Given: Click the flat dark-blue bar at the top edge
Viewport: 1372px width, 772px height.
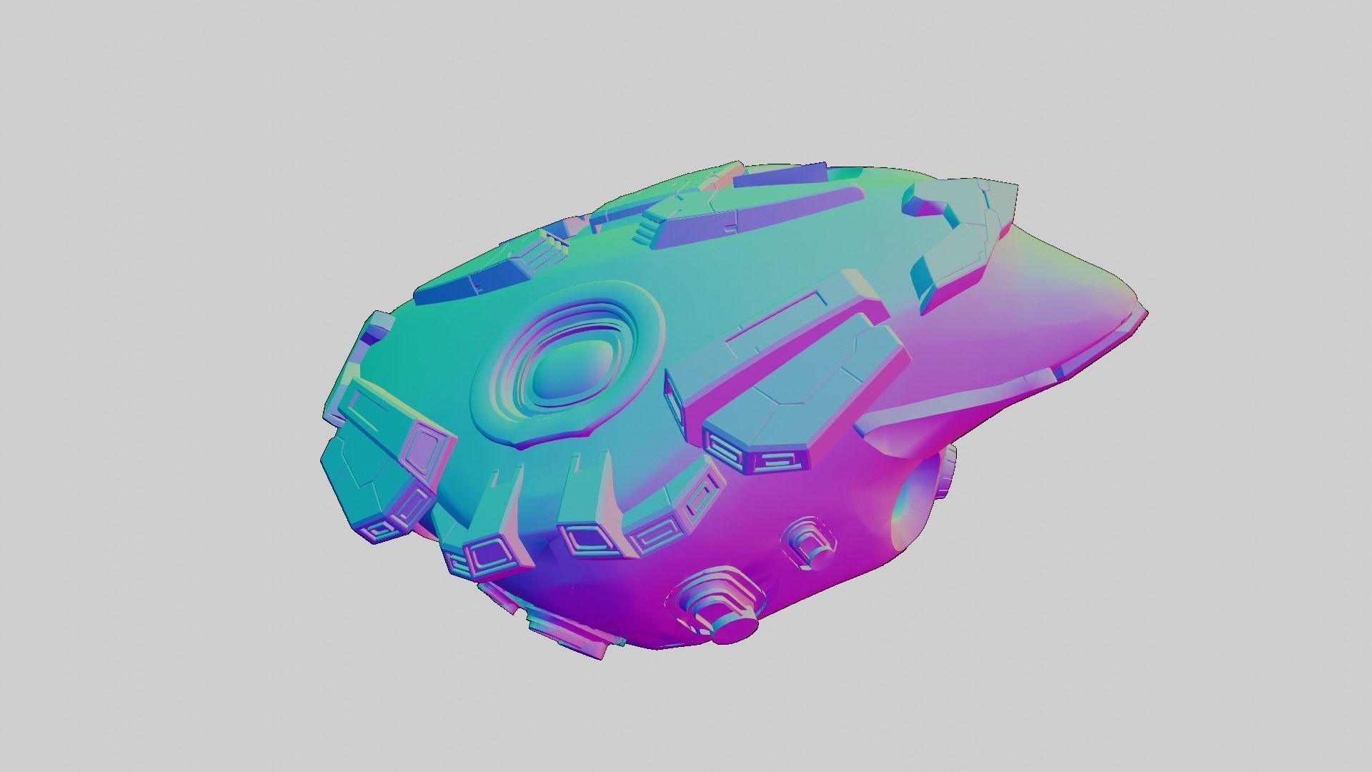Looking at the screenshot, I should [779, 176].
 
